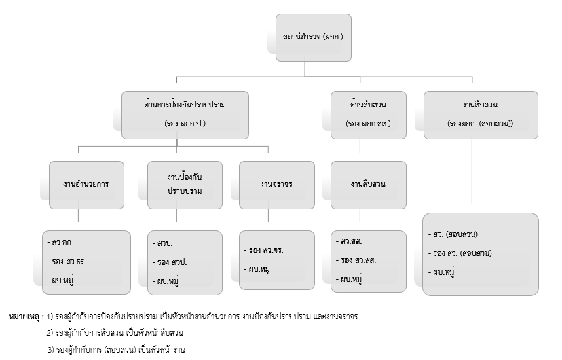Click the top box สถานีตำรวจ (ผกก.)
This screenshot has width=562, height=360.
click(305, 37)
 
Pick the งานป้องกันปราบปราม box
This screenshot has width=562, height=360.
click(185, 184)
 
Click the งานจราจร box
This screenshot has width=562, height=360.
click(276, 184)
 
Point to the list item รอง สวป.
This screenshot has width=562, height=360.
click(171, 262)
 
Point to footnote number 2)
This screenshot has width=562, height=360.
click(50, 333)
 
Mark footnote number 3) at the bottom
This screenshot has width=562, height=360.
click(50, 349)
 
